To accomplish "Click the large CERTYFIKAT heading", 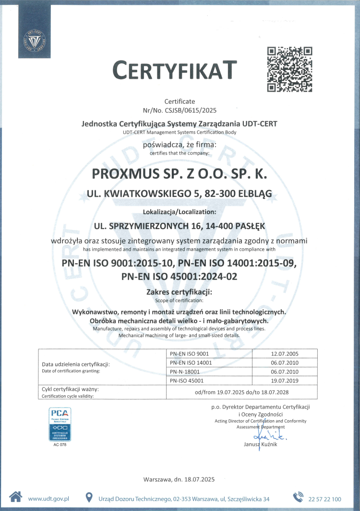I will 175,70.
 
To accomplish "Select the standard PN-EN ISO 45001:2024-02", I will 180,276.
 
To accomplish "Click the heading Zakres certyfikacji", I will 178,292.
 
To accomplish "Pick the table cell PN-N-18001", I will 185,371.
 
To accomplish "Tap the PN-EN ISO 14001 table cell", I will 191,363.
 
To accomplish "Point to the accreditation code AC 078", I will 60,444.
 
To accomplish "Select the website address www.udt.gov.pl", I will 48,499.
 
